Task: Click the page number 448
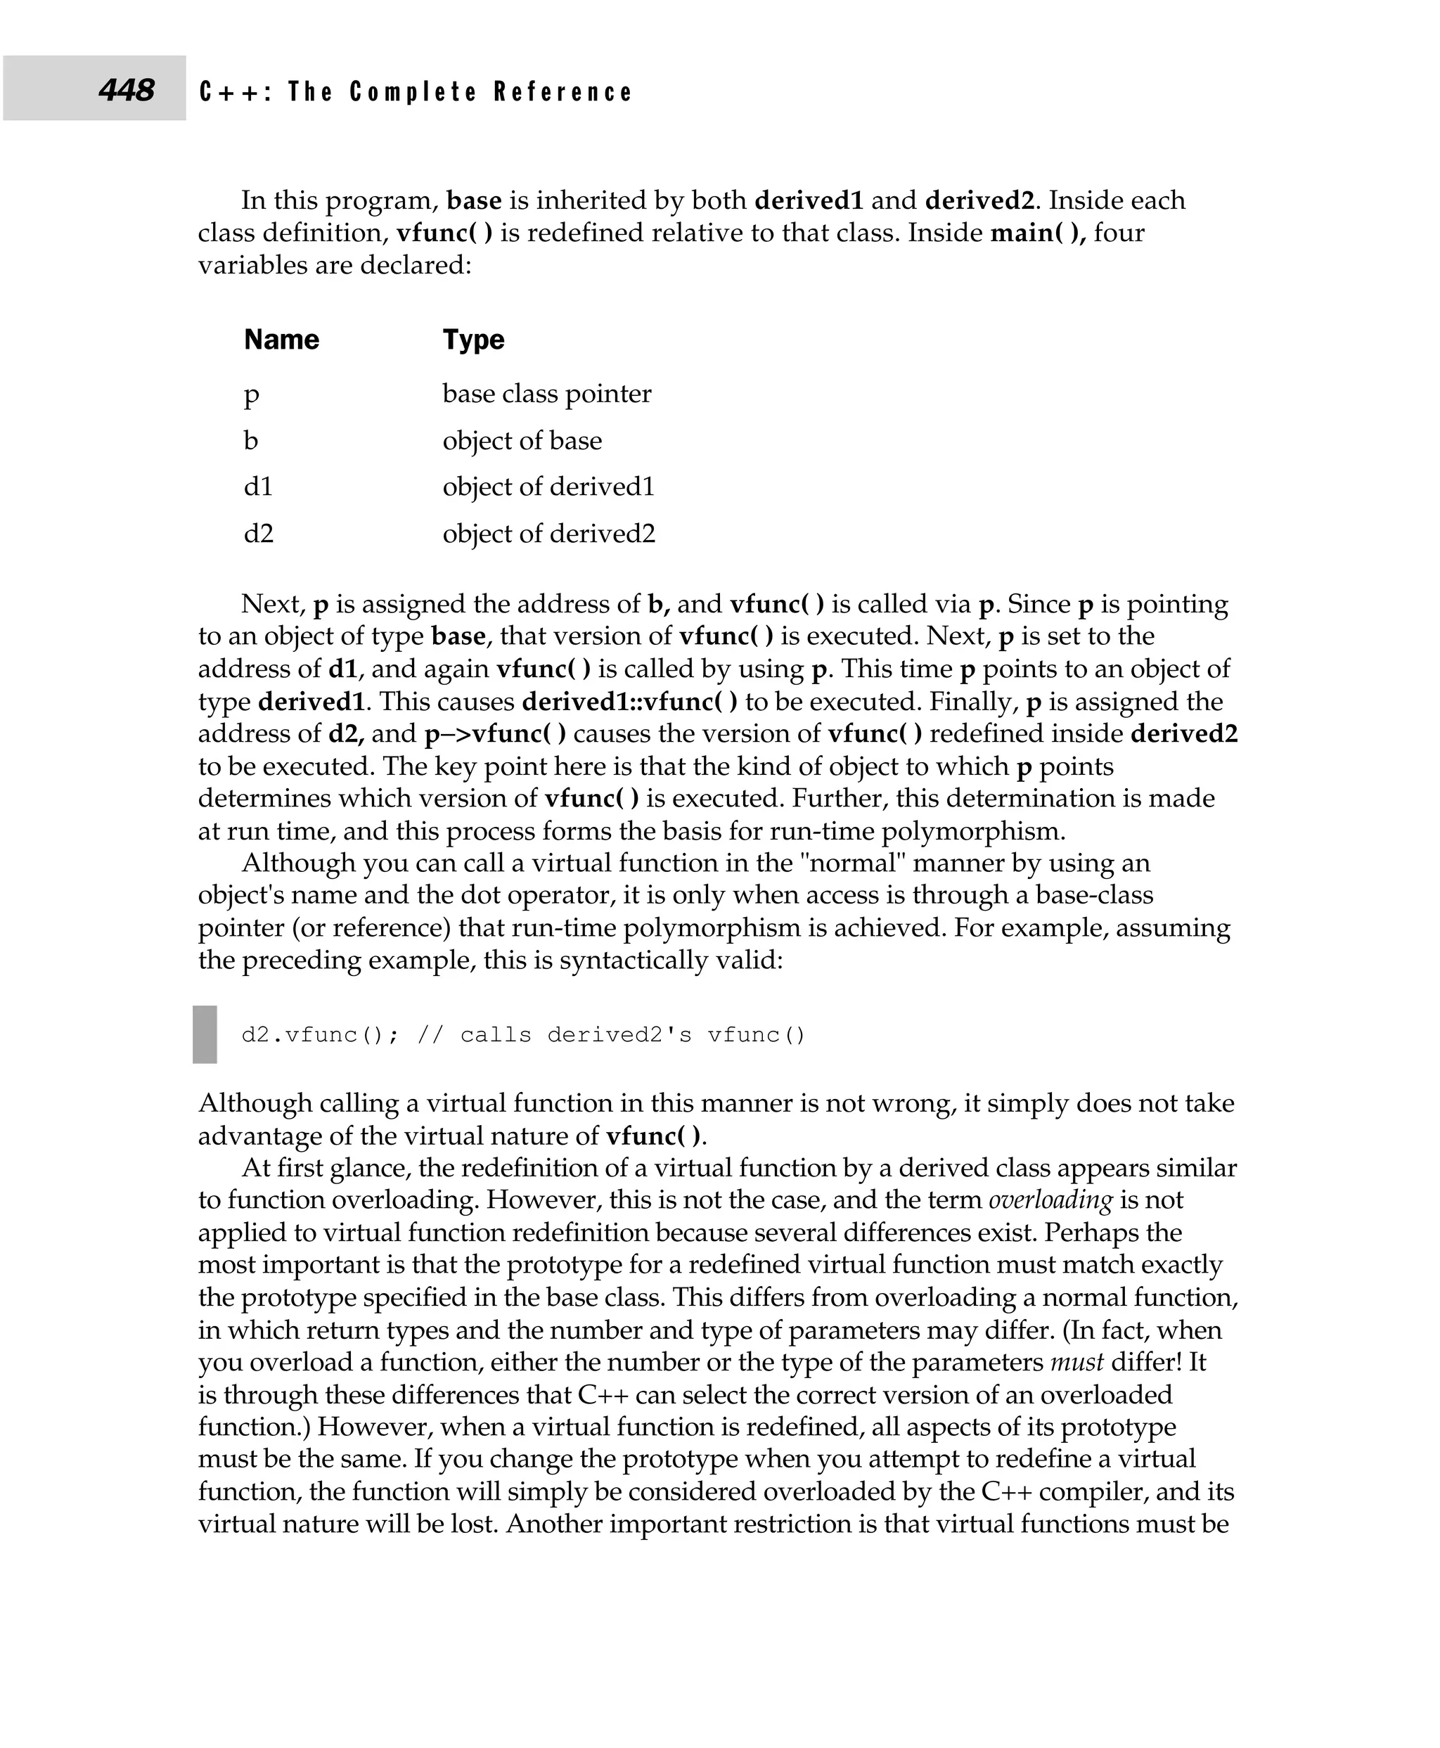pos(126,89)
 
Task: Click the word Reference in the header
pos(562,92)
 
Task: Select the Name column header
pos(281,340)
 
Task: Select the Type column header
pos(472,340)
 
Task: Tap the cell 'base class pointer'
pos(546,393)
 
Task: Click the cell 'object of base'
pos(522,441)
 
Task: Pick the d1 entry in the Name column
pos(258,486)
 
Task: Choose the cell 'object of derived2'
pos(548,534)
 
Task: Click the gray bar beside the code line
pos(205,1034)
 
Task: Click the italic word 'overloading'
pos(1050,1200)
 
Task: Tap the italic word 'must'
pos(1076,1361)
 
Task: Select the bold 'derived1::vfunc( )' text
pos(629,702)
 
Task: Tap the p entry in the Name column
pos(251,395)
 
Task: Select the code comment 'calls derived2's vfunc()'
pos(633,1035)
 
